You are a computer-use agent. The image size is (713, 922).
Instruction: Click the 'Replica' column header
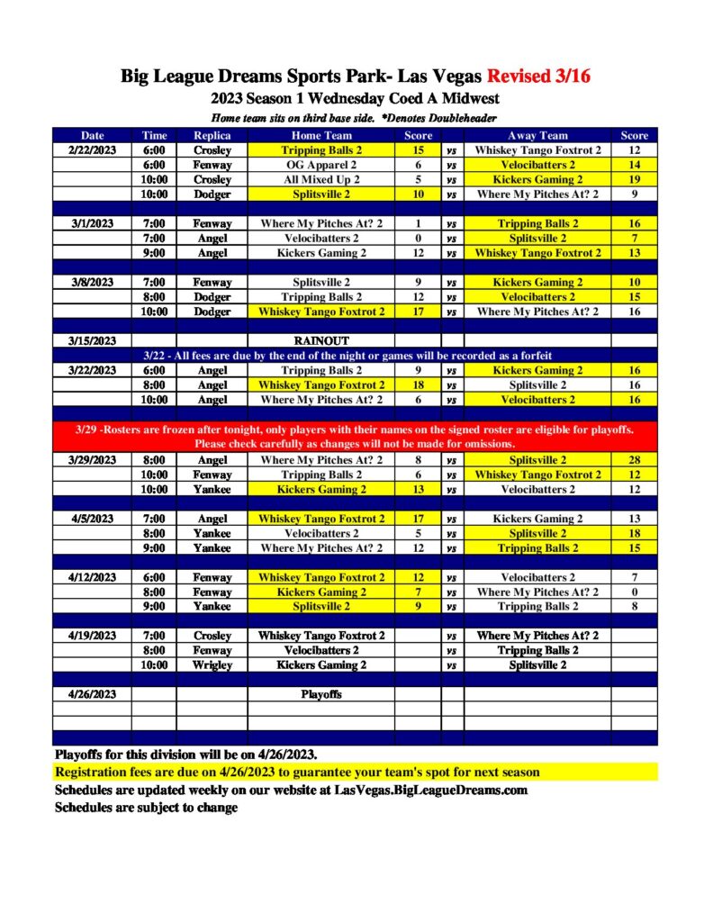pos(212,136)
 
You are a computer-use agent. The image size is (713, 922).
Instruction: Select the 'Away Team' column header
pos(537,136)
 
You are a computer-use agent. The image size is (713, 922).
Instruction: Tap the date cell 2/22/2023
pos(92,150)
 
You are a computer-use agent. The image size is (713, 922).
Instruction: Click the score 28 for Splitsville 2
pos(634,460)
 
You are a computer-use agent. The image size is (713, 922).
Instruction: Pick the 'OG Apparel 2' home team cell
pos(321,165)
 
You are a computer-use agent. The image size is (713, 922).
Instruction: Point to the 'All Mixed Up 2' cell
pos(321,179)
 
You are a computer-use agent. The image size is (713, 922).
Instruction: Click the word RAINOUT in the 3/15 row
pos(321,341)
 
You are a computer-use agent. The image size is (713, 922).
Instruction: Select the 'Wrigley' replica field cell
pos(212,665)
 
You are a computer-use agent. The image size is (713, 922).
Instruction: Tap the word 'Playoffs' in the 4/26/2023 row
pos(321,695)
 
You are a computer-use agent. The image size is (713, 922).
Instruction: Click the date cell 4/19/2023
pos(92,636)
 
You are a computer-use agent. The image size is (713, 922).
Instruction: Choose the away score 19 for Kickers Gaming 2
pos(634,179)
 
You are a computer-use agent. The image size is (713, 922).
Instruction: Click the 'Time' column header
pos(154,136)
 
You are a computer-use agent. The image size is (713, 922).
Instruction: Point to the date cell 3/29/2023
pos(92,460)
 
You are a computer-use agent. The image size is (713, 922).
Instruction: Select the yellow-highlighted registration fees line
pos(297,773)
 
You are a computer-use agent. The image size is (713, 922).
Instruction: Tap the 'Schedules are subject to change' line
pos(147,808)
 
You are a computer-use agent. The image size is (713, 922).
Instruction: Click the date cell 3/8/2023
pos(92,283)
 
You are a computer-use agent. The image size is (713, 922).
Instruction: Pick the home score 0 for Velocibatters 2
pos(418,239)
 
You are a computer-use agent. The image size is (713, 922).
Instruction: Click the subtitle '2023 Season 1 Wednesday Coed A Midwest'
pos(356,98)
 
